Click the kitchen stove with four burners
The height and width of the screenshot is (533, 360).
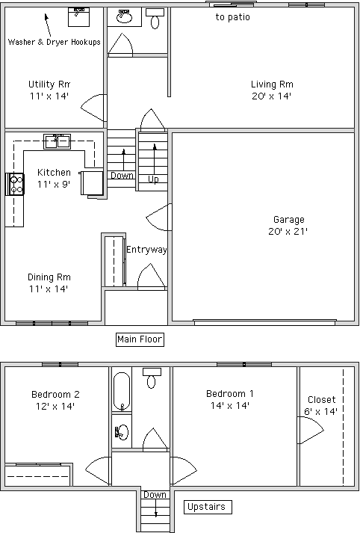[15, 184]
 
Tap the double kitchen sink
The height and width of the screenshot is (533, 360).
[57, 141]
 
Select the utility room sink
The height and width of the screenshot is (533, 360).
[78, 17]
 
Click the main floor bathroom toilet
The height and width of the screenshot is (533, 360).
[155, 19]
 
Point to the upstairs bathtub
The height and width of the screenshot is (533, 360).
[122, 392]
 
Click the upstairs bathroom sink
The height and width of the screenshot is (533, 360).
[122, 432]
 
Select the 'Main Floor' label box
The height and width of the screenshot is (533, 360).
[140, 339]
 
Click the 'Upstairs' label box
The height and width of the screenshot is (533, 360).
[208, 507]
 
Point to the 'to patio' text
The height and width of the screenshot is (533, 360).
[232, 17]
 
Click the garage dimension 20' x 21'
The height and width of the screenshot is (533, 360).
[288, 232]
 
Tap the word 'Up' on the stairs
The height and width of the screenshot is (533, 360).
[153, 179]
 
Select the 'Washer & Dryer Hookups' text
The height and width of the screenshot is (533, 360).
[55, 42]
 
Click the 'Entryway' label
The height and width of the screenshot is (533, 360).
[146, 250]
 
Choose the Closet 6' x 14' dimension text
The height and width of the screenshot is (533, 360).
[320, 412]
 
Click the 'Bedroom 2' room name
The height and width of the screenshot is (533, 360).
[55, 394]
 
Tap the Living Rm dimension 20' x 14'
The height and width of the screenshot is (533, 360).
[271, 96]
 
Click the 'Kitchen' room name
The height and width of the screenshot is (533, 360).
[54, 173]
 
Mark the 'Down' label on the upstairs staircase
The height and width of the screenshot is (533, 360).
[155, 495]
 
